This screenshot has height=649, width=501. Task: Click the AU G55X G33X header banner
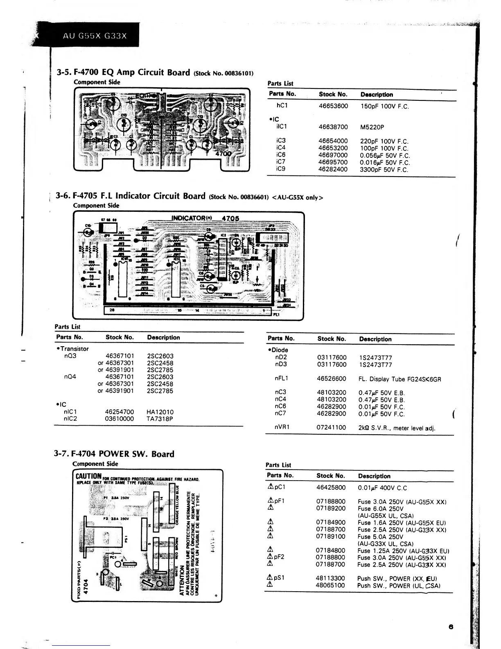(95, 35)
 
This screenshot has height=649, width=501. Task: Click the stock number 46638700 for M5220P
(333, 127)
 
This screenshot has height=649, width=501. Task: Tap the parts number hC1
(282, 105)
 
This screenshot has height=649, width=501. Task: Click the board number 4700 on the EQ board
(223, 154)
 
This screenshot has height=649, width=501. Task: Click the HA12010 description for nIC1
(160, 412)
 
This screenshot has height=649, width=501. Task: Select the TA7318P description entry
(160, 419)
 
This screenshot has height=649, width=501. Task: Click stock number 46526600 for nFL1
(332, 379)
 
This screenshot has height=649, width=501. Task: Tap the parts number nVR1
(282, 427)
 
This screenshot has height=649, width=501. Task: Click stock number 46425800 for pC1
(331, 488)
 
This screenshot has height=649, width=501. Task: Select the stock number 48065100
(330, 585)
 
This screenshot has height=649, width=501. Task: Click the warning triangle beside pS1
(270, 578)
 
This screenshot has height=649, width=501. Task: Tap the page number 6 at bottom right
(451, 626)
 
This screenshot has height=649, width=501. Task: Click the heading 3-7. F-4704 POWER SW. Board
(114, 454)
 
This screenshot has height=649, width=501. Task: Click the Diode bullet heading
(278, 350)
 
